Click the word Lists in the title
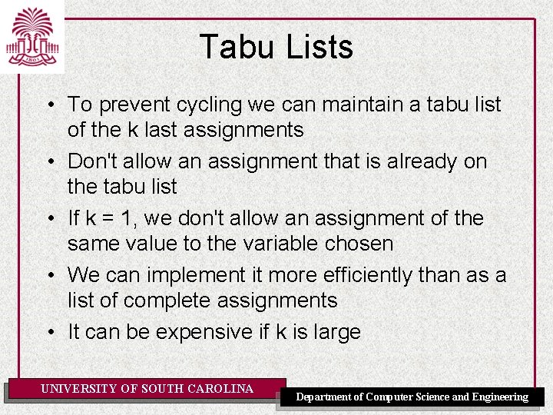[x=318, y=47]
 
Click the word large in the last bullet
[x=335, y=333]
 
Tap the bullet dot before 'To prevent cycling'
[x=48, y=105]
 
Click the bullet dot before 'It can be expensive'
[x=48, y=333]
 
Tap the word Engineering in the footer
[x=500, y=397]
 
